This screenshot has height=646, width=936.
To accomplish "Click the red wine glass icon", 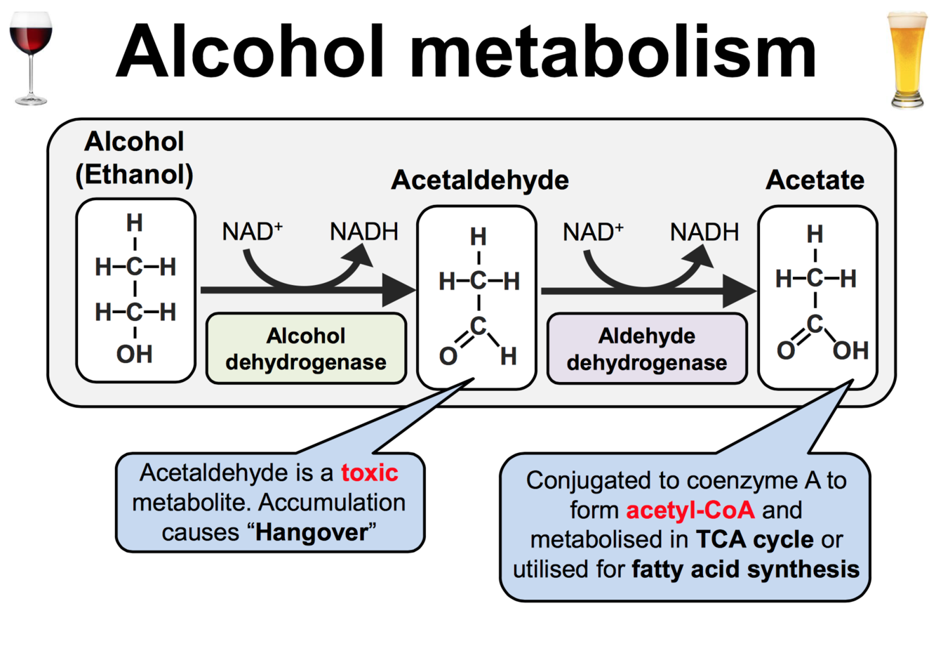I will click(31, 56).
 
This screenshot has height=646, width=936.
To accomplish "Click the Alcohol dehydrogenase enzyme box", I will click(306, 348).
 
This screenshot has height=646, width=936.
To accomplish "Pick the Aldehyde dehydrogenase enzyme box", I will click(647, 349).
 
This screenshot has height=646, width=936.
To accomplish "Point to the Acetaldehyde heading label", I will click(480, 180).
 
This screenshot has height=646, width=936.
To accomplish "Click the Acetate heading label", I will click(815, 180).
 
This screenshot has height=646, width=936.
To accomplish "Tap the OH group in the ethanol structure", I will click(134, 354).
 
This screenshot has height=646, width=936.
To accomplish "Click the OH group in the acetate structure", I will click(850, 350).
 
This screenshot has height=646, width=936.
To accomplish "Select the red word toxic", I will click(370, 473).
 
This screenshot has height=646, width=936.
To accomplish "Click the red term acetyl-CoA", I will click(690, 510).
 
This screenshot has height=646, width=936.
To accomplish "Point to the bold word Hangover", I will click(312, 532).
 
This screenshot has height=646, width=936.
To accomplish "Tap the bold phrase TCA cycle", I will click(755, 539).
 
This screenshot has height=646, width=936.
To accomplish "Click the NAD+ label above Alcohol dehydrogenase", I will click(252, 231).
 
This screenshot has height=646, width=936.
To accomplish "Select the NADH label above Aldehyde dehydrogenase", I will click(704, 232).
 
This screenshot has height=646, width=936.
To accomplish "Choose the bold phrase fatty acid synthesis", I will click(745, 569).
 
